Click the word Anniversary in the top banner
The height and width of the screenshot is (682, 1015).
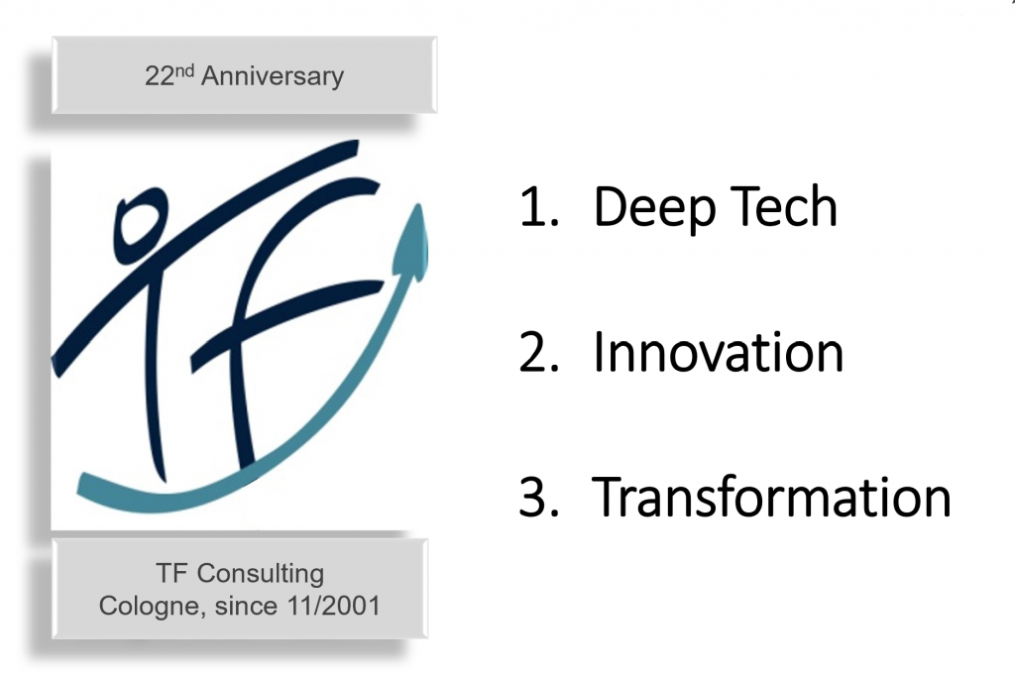pyautogui.click(x=273, y=76)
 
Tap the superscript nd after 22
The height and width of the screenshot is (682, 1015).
pyautogui.click(x=185, y=69)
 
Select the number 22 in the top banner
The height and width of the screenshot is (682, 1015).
pyautogui.click(x=160, y=76)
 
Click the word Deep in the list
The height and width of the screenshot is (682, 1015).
pyautogui.click(x=652, y=208)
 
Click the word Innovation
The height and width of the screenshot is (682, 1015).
pyautogui.click(x=718, y=352)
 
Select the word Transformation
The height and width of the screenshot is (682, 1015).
pyautogui.click(x=771, y=497)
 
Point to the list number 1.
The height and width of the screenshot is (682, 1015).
pyautogui.click(x=538, y=207)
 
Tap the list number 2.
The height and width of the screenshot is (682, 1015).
pyautogui.click(x=538, y=353)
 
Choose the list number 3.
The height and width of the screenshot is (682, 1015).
pyautogui.click(x=538, y=497)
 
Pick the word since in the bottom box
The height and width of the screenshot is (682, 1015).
pyautogui.click(x=247, y=606)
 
